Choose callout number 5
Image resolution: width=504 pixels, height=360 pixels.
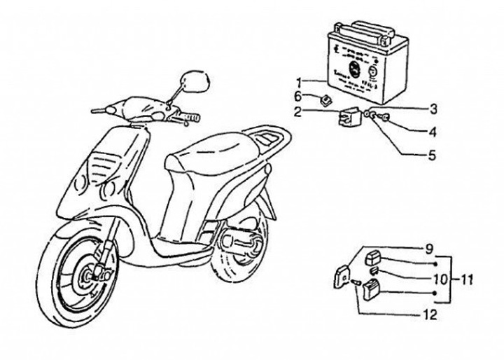click(x=432, y=154)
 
